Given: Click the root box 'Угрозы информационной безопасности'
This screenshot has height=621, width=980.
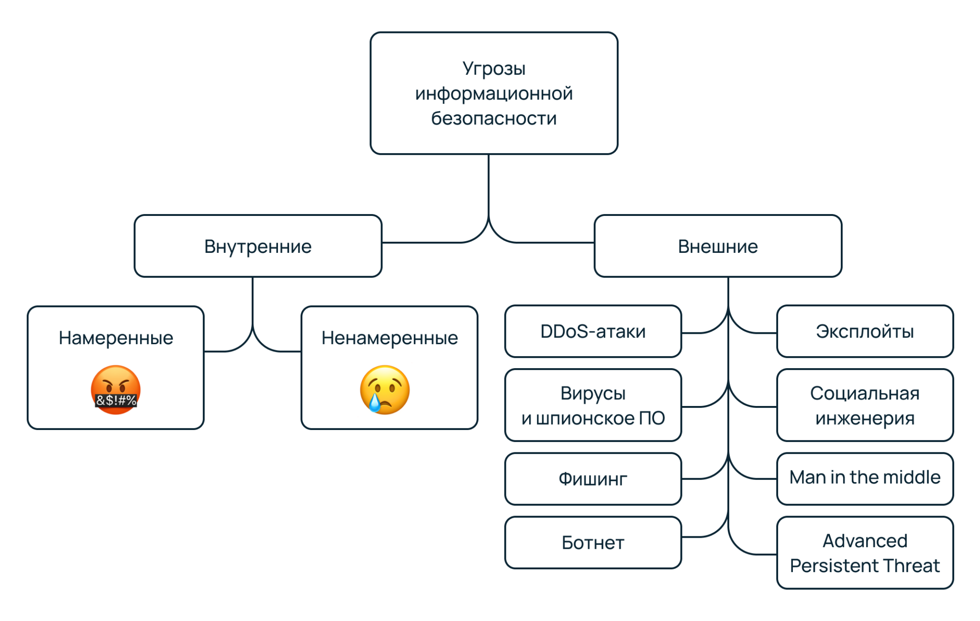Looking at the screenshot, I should pyautogui.click(x=494, y=93).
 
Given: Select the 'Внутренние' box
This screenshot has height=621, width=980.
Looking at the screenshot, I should pyautogui.click(x=258, y=246).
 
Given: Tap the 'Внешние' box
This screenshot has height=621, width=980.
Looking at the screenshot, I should pyautogui.click(x=718, y=246).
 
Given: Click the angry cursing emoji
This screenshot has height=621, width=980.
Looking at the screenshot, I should pyautogui.click(x=116, y=389).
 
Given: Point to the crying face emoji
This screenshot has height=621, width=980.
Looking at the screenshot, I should pyautogui.click(x=385, y=389).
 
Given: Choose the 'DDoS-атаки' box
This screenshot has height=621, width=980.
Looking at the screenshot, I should pyautogui.click(x=593, y=331).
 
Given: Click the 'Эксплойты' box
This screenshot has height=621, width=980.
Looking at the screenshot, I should pyautogui.click(x=865, y=331).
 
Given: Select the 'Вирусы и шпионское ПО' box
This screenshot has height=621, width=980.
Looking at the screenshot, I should pyautogui.click(x=593, y=405).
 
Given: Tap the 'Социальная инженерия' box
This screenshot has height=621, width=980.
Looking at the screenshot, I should pyautogui.click(x=865, y=405).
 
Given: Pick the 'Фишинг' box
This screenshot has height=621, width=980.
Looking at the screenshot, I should pyautogui.click(x=593, y=479).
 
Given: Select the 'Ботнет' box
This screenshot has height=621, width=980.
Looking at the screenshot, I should pyautogui.click(x=593, y=542).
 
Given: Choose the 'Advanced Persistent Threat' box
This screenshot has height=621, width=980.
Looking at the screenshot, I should pyautogui.click(x=865, y=553).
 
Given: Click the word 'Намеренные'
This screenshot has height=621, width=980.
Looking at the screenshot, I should pyautogui.click(x=116, y=338).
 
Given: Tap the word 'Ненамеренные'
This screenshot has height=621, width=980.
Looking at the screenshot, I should pyautogui.click(x=390, y=338).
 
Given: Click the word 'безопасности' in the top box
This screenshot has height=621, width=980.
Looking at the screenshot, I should pyautogui.click(x=494, y=118).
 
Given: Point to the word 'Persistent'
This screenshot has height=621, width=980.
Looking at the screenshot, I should pyautogui.click(x=839, y=566).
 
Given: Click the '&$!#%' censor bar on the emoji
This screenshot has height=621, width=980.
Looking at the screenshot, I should pyautogui.click(x=116, y=400).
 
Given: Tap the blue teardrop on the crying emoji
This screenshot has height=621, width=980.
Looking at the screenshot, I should pyautogui.click(x=374, y=403).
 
